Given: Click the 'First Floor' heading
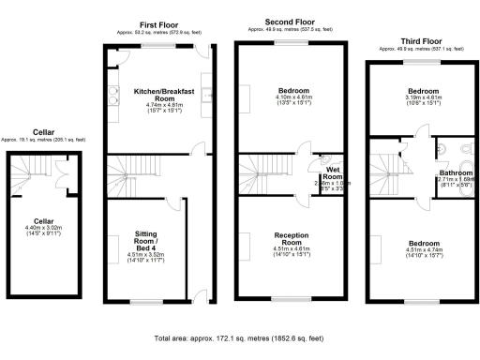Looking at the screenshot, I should pos(158,23).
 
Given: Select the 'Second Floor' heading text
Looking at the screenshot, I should pos(290,21).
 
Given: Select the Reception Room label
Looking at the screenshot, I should pos(291,238).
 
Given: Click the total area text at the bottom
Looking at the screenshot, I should pos(239,337).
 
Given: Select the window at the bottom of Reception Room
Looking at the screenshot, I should pos(292,297).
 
